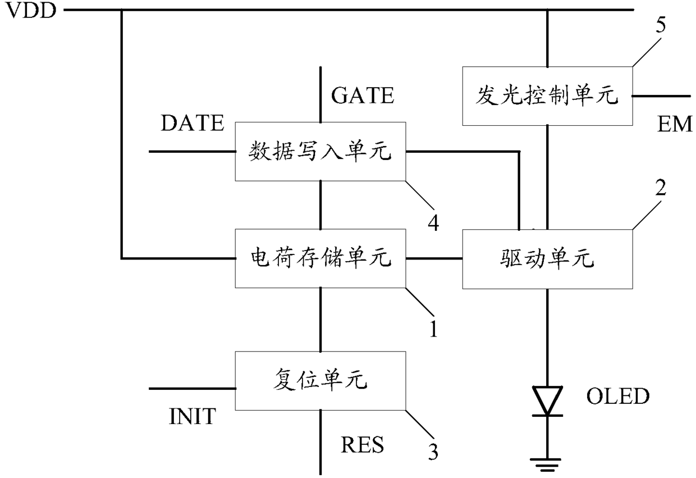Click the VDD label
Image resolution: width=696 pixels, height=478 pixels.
pyautogui.click(x=31, y=10)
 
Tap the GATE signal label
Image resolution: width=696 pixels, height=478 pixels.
pyautogui.click(x=363, y=95)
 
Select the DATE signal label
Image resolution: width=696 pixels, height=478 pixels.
pyautogui.click(x=193, y=123)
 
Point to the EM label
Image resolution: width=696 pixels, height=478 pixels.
pyautogui.click(x=675, y=124)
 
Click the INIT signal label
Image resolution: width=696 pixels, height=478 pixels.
pyautogui.click(x=193, y=416)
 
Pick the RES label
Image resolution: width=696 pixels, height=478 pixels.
pyautogui.click(x=362, y=445)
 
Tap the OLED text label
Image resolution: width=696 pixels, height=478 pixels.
pyautogui.click(x=617, y=396)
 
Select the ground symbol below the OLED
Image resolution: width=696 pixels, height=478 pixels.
pyautogui.click(x=547, y=465)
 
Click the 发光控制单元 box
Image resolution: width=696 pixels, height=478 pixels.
pyautogui.click(x=547, y=96)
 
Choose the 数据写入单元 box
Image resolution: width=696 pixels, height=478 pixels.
pyautogui.click(x=320, y=152)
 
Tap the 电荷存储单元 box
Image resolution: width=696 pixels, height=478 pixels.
pyautogui.click(x=320, y=258)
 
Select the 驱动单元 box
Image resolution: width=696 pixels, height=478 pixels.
pyautogui.click(x=547, y=259)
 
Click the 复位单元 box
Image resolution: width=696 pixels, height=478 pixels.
pyautogui.click(x=320, y=381)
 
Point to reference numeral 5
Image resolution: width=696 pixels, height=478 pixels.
pyautogui.click(x=661, y=25)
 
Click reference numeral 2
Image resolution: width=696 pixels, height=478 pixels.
pyautogui.click(x=661, y=188)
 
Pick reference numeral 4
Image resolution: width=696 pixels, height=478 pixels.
pyautogui.click(x=434, y=223)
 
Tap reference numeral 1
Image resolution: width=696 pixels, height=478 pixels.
pyautogui.click(x=434, y=329)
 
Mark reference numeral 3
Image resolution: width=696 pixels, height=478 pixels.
pyautogui.click(x=433, y=452)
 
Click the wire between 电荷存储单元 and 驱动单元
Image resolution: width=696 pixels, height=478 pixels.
pyautogui.click(x=434, y=258)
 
